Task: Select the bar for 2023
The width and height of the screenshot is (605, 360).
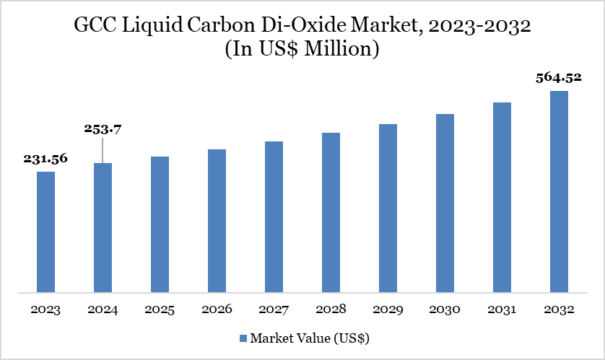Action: click(45, 232)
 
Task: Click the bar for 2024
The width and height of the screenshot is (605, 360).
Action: click(103, 228)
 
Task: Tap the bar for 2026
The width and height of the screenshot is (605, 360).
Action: click(217, 221)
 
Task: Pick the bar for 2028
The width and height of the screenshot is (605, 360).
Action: click(331, 213)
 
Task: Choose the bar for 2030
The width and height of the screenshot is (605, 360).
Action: click(445, 203)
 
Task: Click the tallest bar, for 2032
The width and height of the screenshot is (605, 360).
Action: click(559, 192)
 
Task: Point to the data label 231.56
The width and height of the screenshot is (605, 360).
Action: click(45, 159)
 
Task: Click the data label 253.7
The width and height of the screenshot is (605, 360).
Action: click(102, 130)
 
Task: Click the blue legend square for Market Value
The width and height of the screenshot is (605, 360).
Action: click(243, 338)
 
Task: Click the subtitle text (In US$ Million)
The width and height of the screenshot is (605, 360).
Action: click(302, 52)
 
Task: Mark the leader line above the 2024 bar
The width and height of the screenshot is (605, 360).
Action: click(102, 150)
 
